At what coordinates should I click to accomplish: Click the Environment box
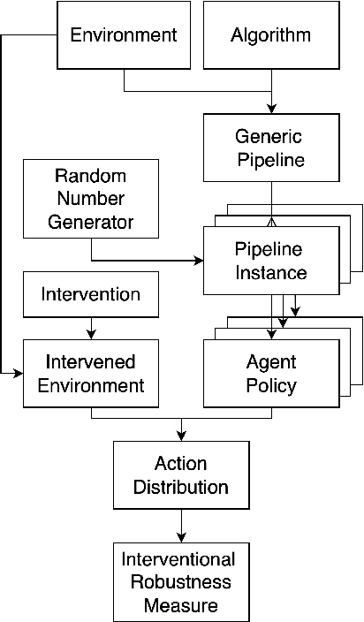pos(124,35)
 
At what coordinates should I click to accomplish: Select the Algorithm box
pos(270,35)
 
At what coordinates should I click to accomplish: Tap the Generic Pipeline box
pos(270,148)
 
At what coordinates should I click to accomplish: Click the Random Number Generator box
pos(91,199)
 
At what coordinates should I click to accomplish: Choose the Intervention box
pos(91,294)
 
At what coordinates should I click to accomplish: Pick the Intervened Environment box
pos(91,374)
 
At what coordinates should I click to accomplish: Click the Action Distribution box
pos(181,475)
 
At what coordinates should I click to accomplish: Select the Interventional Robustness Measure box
pos(181,582)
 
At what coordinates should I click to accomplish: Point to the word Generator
pos(91,222)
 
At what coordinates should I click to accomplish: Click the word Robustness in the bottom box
pos(181,583)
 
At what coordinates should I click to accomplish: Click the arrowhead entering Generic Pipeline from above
pos(270,108)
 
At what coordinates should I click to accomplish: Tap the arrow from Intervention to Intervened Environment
pos(91,328)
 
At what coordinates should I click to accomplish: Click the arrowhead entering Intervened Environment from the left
pos(19,374)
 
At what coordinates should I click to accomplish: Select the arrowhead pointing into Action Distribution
pos(181,435)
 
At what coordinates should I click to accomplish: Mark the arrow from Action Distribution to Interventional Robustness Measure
pos(181,527)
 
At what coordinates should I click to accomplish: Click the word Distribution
pos(181,487)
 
